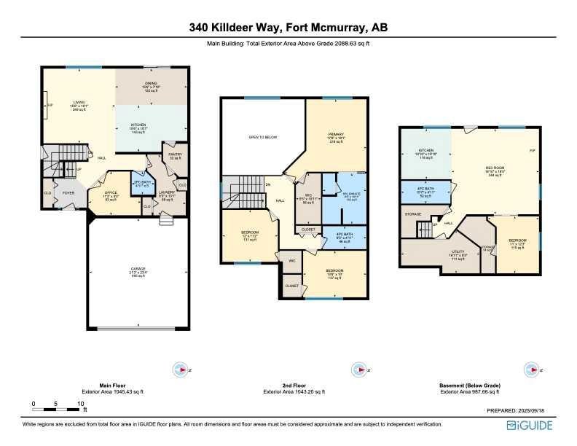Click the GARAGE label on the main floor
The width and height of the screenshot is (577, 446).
coord(138,270)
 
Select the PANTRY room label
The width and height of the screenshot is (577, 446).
coord(176,155)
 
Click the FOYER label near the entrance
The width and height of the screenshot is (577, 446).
coord(68,192)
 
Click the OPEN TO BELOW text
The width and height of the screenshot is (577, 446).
coord(262,137)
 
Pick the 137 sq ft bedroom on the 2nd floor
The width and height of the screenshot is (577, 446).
coord(335,275)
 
